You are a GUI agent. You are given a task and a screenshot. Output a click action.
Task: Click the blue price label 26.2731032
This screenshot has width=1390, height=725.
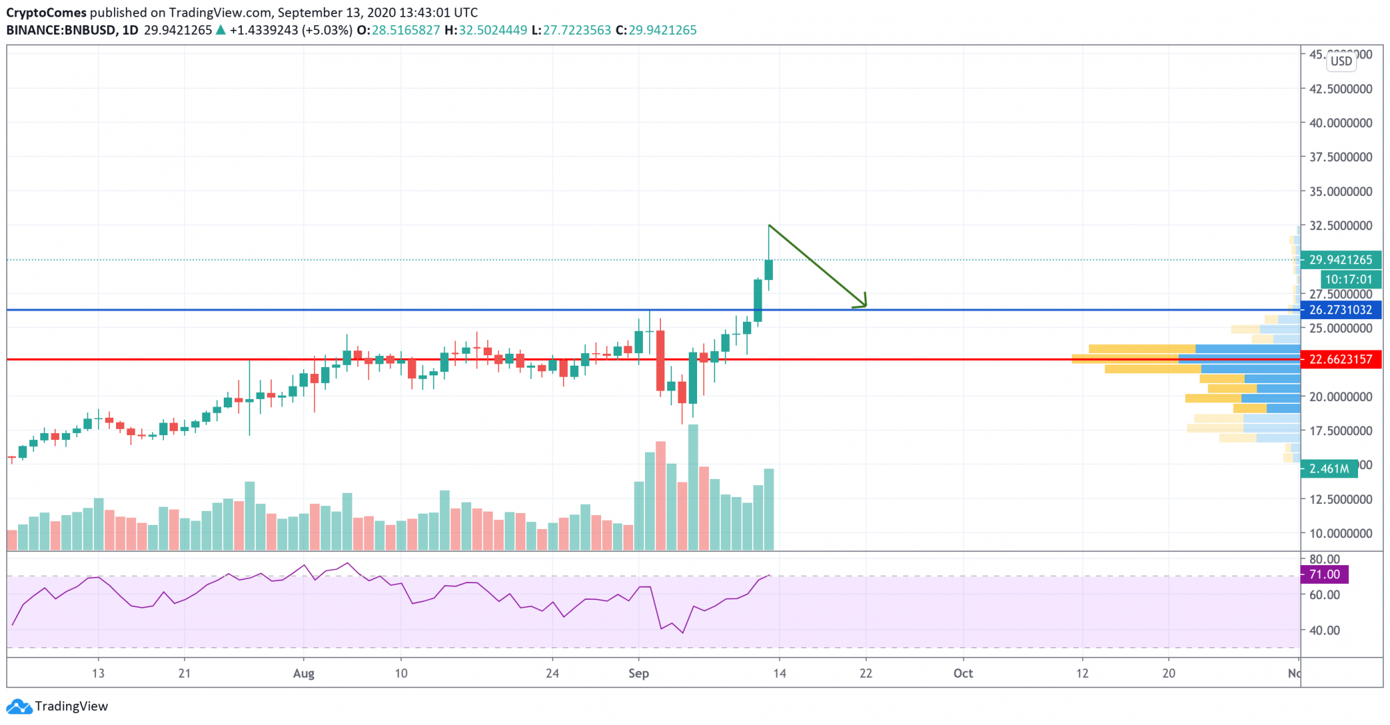click(x=1340, y=310)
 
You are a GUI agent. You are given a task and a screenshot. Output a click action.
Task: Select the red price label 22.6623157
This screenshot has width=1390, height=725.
click(x=1340, y=359)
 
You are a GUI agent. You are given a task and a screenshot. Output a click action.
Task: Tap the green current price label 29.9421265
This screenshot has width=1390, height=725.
click(x=1340, y=260)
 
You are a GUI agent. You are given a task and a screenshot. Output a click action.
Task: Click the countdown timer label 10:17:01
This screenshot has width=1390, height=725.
click(x=1348, y=279)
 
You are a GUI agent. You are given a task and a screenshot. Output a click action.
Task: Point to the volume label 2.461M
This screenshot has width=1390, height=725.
click(x=1328, y=469)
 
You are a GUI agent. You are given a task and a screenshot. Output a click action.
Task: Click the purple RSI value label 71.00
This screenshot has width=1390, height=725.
click(x=1324, y=575)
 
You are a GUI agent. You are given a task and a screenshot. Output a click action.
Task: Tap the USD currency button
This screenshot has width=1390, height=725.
click(x=1341, y=61)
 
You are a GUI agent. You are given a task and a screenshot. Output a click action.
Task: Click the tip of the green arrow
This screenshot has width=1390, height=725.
click(x=866, y=306)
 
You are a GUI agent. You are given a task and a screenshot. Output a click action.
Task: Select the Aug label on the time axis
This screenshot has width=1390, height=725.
click(x=304, y=673)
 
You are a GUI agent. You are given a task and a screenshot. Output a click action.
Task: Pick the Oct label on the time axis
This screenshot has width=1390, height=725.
click(x=963, y=673)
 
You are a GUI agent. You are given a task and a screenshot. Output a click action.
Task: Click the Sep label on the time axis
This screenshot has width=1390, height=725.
click(x=638, y=673)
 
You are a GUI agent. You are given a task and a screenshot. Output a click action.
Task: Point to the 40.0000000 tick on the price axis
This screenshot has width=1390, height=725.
click(x=1341, y=123)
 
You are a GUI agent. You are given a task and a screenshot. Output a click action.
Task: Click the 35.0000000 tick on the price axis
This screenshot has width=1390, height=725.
click(x=1341, y=191)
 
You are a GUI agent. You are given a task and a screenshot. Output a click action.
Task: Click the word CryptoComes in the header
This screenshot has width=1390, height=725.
click(x=46, y=13)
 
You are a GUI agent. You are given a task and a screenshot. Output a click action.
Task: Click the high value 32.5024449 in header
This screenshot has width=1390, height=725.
click(x=492, y=30)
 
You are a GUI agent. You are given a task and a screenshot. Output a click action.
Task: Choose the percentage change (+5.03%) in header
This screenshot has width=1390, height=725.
click(x=327, y=30)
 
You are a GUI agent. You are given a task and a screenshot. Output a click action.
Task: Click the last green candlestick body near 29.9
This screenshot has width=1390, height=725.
click(x=769, y=270)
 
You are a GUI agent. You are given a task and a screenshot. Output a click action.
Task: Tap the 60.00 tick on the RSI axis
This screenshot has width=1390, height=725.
click(x=1324, y=595)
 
